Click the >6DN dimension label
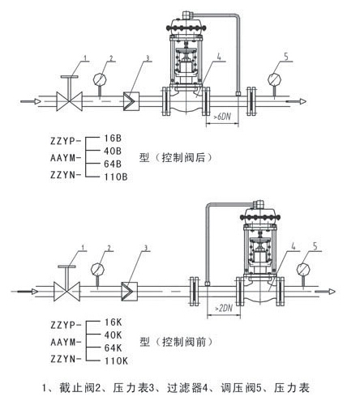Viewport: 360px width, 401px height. click(x=222, y=117)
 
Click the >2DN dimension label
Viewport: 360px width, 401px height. click(x=224, y=308)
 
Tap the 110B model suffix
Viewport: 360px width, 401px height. click(x=116, y=177)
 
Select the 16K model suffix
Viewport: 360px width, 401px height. click(x=114, y=322)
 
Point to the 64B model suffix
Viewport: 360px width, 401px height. click(x=113, y=164)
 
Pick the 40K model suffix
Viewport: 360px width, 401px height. click(x=113, y=335)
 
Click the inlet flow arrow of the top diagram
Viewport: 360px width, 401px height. click(x=31, y=101)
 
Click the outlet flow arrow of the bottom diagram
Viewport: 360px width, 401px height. click(x=325, y=292)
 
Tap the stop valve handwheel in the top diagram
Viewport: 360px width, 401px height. click(x=70, y=77)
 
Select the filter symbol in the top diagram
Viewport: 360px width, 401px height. click(x=131, y=101)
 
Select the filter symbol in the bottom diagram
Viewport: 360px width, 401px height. click(x=130, y=292)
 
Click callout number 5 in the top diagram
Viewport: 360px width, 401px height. click(x=286, y=57)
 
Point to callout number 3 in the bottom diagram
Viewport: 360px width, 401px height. click(x=146, y=248)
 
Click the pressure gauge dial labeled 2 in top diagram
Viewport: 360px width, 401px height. click(x=100, y=79)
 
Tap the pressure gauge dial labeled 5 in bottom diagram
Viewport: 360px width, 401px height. click(x=303, y=269)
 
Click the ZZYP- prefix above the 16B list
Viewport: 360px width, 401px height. click(x=66, y=141)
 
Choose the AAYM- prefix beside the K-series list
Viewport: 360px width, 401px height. click(x=66, y=343)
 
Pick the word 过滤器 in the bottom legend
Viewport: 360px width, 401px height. click(x=185, y=388)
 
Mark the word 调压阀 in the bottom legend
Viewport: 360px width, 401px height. click(x=238, y=388)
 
